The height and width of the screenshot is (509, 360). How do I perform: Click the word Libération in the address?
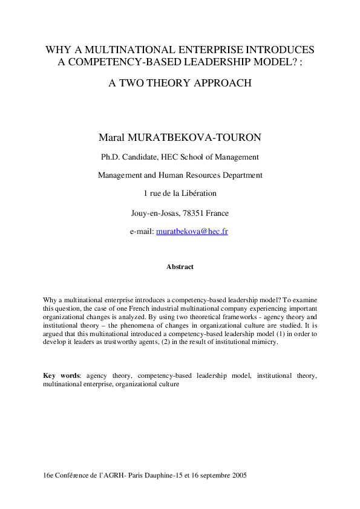[x=199, y=193]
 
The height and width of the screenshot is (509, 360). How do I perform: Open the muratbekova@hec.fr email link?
[x=192, y=232]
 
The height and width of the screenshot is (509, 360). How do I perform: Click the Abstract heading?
[x=180, y=267]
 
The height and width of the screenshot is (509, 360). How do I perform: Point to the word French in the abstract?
[x=131, y=308]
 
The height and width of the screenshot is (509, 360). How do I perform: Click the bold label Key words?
[x=61, y=375]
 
